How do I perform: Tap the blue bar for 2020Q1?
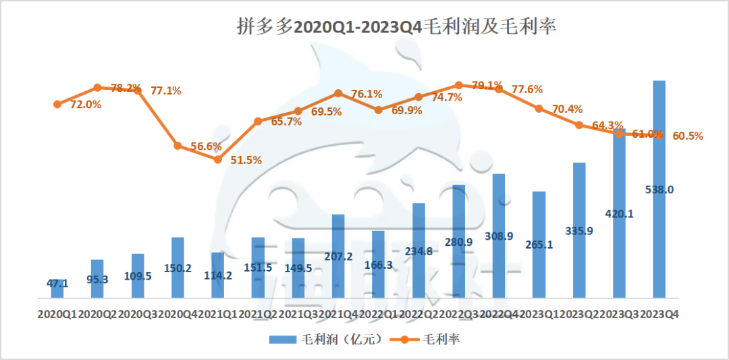(57, 288)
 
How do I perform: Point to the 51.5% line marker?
(218, 159)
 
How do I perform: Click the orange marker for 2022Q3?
(459, 85)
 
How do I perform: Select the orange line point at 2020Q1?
(57, 104)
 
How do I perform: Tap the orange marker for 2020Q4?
(178, 145)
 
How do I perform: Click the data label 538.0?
(659, 190)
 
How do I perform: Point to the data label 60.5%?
(688, 136)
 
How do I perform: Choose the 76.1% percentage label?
(367, 94)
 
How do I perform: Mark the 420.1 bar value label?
(620, 214)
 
